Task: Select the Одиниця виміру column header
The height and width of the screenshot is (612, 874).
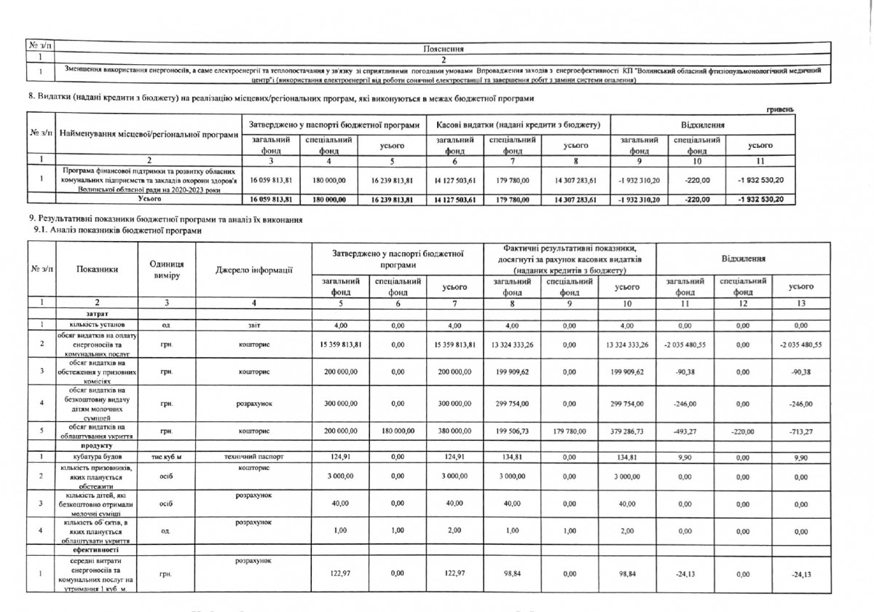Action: coord(166,270)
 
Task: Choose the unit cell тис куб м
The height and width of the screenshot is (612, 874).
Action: coord(166,458)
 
